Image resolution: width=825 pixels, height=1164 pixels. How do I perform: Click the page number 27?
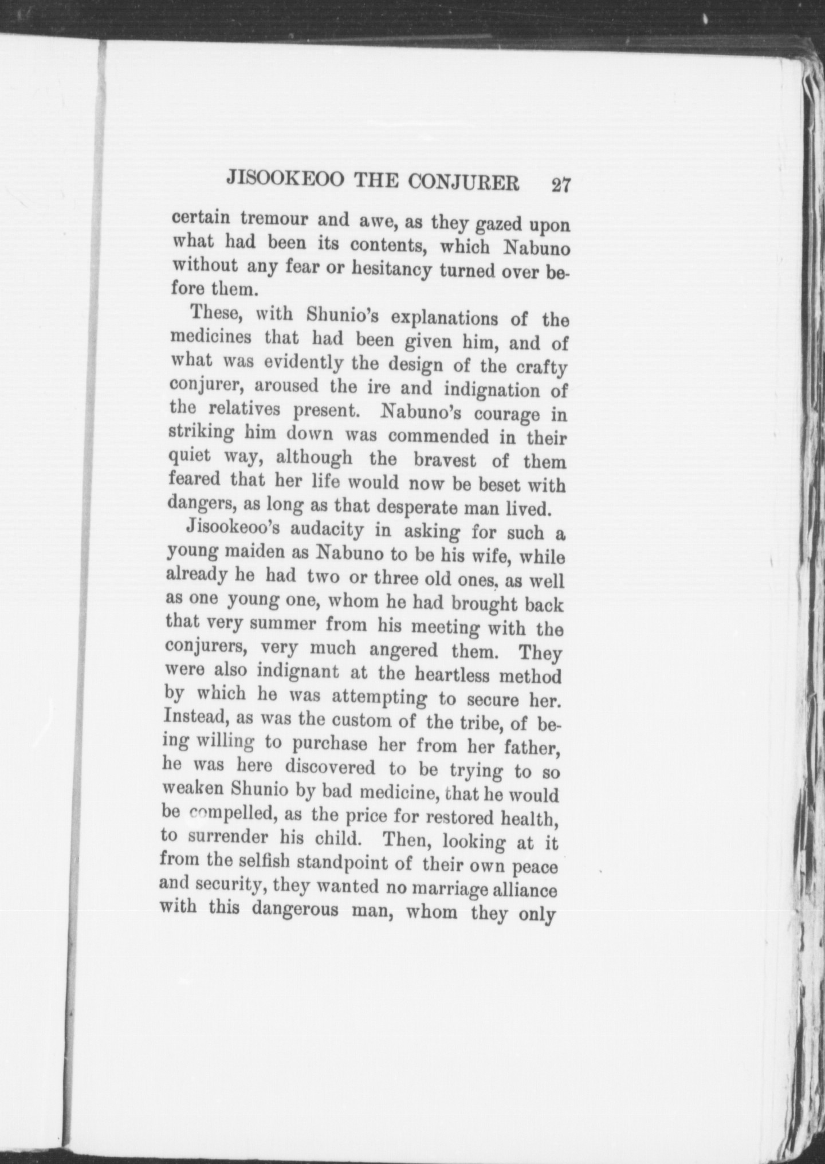(559, 186)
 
